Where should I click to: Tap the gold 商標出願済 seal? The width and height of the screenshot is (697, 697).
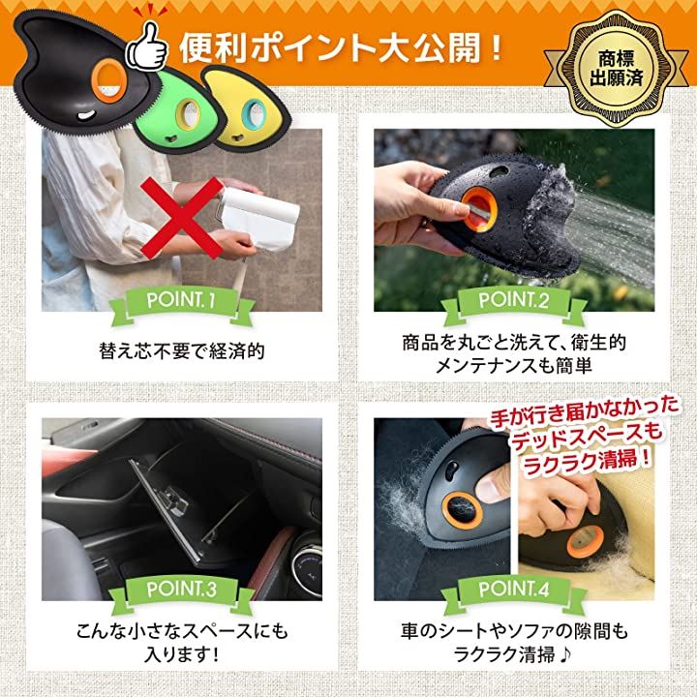coord(616,69)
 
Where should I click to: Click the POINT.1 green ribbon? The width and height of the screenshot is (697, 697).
coord(181,302)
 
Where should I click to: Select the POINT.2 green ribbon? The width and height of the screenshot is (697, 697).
coord(513,302)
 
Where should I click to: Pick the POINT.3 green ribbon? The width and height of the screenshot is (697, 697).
coord(181,591)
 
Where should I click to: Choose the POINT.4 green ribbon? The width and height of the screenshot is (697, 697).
coord(513,591)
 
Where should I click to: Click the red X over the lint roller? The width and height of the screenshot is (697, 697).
coord(182,218)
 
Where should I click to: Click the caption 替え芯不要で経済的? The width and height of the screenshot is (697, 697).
coord(182,350)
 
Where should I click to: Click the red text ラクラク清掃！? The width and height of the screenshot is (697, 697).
coord(588,463)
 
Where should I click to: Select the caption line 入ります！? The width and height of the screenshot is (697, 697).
coord(182,654)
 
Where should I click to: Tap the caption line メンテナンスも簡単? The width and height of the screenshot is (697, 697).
coord(513,366)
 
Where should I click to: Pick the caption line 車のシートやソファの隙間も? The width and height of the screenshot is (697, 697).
coord(513,631)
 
